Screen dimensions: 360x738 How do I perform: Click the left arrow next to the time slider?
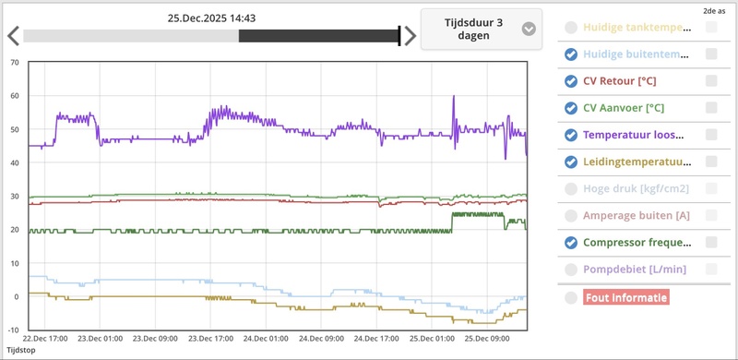[x=13, y=36]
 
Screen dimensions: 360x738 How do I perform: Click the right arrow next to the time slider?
[x=411, y=36]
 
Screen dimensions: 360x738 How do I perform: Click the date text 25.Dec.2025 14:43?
[x=211, y=18]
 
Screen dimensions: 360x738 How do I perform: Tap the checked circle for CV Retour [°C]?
[x=571, y=81]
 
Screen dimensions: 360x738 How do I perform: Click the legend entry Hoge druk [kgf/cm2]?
[x=637, y=188]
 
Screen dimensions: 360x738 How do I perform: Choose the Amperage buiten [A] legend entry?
[x=637, y=215]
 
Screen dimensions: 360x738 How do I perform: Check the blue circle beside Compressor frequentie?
[x=571, y=243]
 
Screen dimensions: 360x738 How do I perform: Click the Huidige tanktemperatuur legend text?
[x=637, y=28]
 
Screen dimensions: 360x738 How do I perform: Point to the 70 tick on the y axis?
[x=14, y=63]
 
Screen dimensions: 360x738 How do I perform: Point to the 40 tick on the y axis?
[x=14, y=163]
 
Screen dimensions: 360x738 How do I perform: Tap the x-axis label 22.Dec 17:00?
[x=44, y=339]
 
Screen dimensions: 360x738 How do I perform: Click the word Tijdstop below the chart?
[x=22, y=351]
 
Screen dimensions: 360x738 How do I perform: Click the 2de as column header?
[x=712, y=11]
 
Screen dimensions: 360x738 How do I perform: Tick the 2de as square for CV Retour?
[x=711, y=81]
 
